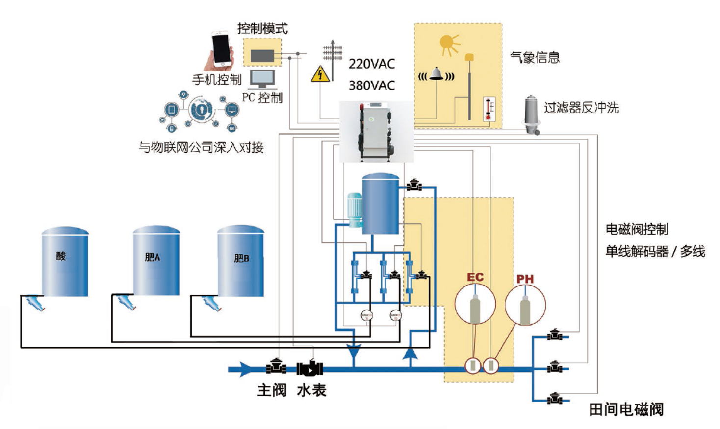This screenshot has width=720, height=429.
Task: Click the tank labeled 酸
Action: point(65,261)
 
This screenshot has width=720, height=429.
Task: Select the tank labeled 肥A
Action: point(156,260)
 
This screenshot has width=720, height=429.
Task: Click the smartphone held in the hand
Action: point(222,48)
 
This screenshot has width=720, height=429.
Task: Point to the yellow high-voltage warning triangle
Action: point(320,74)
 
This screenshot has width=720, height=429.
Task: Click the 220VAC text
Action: point(372,64)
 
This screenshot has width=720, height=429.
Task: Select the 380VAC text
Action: point(372,85)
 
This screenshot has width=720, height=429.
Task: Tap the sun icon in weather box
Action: point(449,44)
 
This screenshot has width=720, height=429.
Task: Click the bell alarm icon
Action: point(436,74)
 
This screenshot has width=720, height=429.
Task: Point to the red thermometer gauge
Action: point(489,109)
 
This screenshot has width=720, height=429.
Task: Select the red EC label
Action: point(475,277)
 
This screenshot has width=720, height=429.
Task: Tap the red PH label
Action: point(525,279)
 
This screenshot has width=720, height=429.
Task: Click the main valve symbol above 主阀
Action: point(276,366)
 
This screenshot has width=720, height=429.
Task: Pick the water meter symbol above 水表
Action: point(309,368)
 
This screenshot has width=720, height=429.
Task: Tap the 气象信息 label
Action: point(535,58)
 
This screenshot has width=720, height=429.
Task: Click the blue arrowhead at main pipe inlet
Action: point(246,369)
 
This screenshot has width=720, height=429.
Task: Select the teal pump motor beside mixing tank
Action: point(355,210)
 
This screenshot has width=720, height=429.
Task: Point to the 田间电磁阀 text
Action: point(626,409)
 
